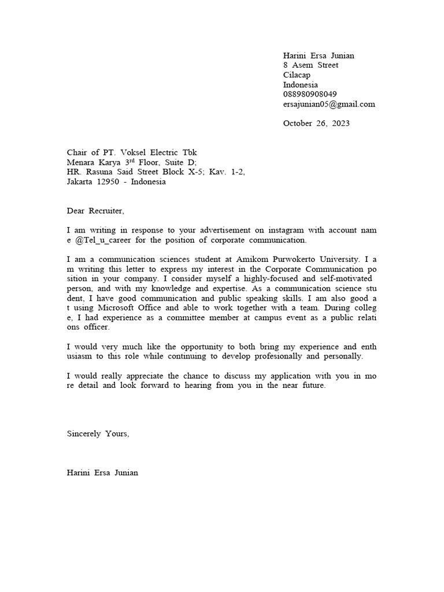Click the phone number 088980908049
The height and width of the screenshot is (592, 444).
(310, 94)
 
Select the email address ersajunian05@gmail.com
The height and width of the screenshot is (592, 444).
(329, 104)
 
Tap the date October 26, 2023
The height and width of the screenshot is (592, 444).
(316, 123)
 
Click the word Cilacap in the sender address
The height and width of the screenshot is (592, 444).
(297, 75)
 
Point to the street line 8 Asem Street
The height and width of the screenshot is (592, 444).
(310, 65)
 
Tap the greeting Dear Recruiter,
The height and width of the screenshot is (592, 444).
(95, 211)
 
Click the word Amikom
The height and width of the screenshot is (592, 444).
(254, 260)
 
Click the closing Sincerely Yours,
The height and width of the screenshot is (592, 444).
(98, 434)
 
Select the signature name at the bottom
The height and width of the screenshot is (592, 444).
(102, 473)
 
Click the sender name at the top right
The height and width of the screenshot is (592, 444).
(319, 55)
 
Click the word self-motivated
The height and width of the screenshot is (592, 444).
(344, 279)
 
